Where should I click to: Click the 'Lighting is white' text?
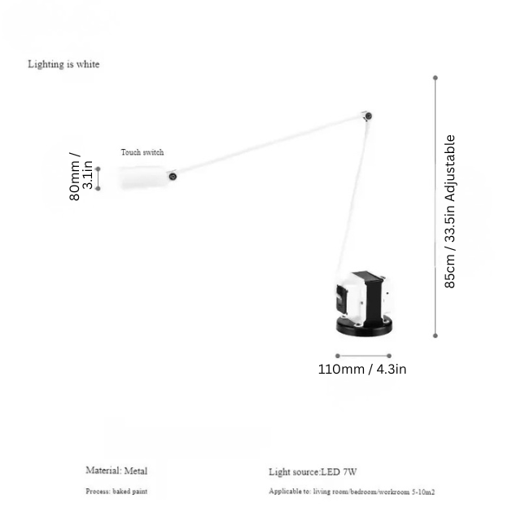pyautogui.click(x=63, y=64)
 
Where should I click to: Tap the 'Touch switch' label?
pyautogui.click(x=142, y=152)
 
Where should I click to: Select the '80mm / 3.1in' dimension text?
pyautogui.click(x=81, y=177)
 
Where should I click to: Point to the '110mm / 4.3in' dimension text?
pyautogui.click(x=362, y=369)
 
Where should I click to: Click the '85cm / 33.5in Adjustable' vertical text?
pyautogui.click(x=449, y=212)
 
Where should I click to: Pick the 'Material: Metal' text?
pyautogui.click(x=116, y=471)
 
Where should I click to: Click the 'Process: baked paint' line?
pyautogui.click(x=116, y=491)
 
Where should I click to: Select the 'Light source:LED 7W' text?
pyautogui.click(x=313, y=472)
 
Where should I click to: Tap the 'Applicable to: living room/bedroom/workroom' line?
pyautogui.click(x=352, y=492)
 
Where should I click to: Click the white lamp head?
pyautogui.click(x=144, y=177)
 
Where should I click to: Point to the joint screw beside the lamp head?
pyautogui.click(x=173, y=177)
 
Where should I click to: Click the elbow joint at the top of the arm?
pyautogui.click(x=368, y=116)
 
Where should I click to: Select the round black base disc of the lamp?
pyautogui.click(x=364, y=326)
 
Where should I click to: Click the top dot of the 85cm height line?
pyautogui.click(x=436, y=78)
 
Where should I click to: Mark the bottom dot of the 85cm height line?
pyautogui.click(x=436, y=335)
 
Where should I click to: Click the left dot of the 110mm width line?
pyautogui.click(x=338, y=356)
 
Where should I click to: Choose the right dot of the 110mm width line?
pyautogui.click(x=389, y=356)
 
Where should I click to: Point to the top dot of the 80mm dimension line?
pyautogui.click(x=98, y=169)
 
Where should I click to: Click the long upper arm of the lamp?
pyautogui.click(x=270, y=147)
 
